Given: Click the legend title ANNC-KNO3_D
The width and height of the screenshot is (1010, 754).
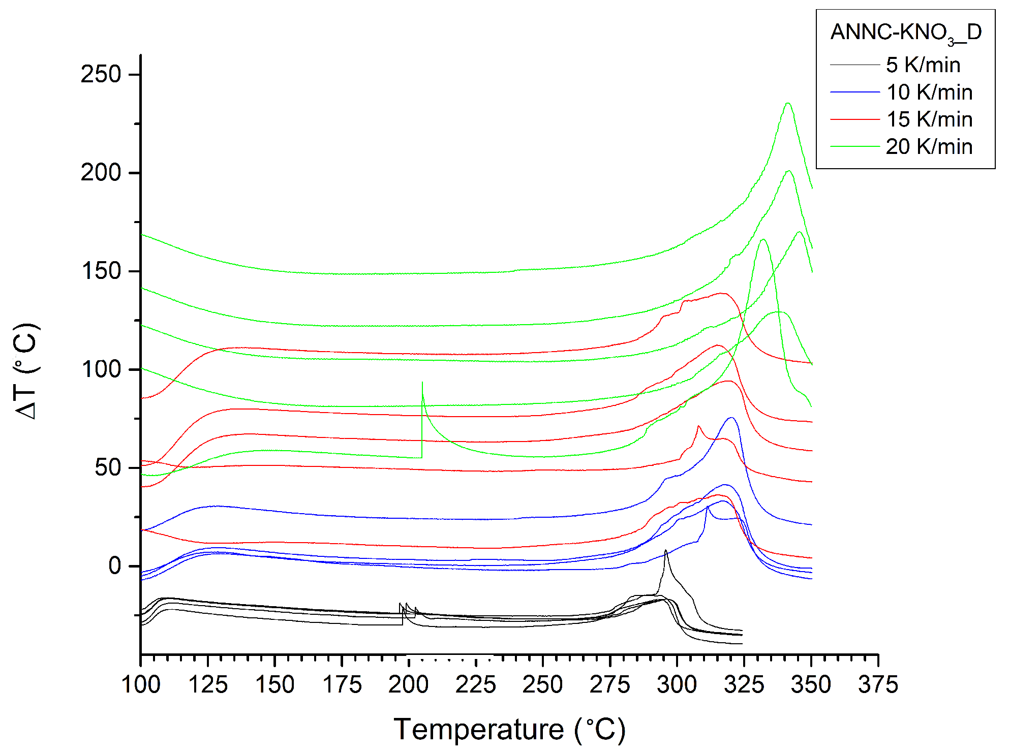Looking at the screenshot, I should pyautogui.click(x=905, y=33).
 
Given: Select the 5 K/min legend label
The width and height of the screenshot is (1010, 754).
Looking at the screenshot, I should pyautogui.click(x=923, y=65).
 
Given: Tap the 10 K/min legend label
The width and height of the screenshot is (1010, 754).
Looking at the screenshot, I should pyautogui.click(x=929, y=92).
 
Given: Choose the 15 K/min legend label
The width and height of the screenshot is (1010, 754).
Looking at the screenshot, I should pyautogui.click(x=929, y=119).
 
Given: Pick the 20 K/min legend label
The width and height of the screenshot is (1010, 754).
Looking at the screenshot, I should pyautogui.click(x=929, y=147).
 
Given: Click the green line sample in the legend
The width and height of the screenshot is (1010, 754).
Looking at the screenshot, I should pyautogui.click(x=854, y=146).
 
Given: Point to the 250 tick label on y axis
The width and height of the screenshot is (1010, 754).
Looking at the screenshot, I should pyautogui.click(x=101, y=75).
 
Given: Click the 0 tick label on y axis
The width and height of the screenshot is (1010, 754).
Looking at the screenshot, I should pyautogui.click(x=115, y=566).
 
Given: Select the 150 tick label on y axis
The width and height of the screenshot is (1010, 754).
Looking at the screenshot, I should pyautogui.click(x=101, y=271).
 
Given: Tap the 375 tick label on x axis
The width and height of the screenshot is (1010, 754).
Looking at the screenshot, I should pyautogui.click(x=878, y=685).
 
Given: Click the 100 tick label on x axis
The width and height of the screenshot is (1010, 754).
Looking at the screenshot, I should pyautogui.click(x=141, y=685).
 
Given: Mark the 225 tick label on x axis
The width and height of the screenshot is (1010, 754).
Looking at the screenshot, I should pyautogui.click(x=476, y=685).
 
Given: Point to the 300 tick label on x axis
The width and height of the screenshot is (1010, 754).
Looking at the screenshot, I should pyautogui.click(x=677, y=685).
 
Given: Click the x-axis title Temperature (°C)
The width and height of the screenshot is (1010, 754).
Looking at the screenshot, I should pyautogui.click(x=509, y=730).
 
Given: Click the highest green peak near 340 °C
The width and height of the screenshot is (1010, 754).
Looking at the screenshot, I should pyautogui.click(x=788, y=104).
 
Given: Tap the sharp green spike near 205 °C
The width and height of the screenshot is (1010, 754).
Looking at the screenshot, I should pyautogui.click(x=422, y=384).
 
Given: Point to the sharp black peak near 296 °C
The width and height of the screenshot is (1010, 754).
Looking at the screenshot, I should pyautogui.click(x=665, y=551).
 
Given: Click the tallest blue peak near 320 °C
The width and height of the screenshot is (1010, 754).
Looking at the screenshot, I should pyautogui.click(x=731, y=418).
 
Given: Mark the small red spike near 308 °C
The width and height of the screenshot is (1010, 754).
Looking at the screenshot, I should pyautogui.click(x=698, y=426).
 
